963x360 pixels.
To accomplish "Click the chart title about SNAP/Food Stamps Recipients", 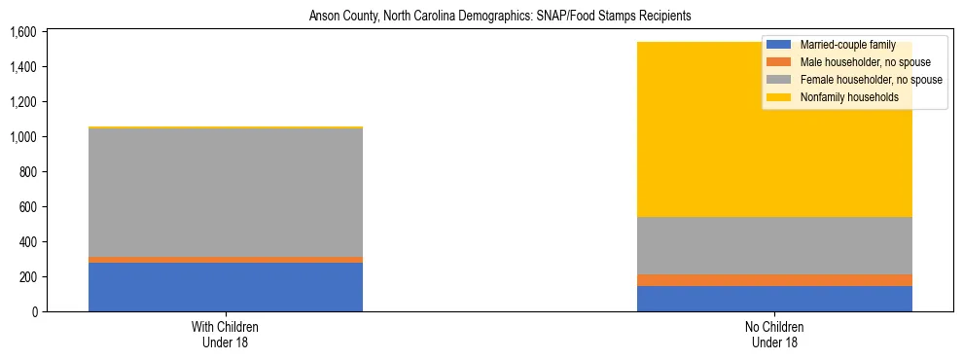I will [x=500, y=17].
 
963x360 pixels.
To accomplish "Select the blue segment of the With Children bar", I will [x=226, y=287].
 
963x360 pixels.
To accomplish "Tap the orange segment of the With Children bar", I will [x=226, y=260].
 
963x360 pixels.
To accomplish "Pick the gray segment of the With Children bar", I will [x=226, y=193].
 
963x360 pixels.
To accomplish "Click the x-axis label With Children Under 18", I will [x=226, y=334].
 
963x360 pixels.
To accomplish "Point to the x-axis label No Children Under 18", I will [x=775, y=334].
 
